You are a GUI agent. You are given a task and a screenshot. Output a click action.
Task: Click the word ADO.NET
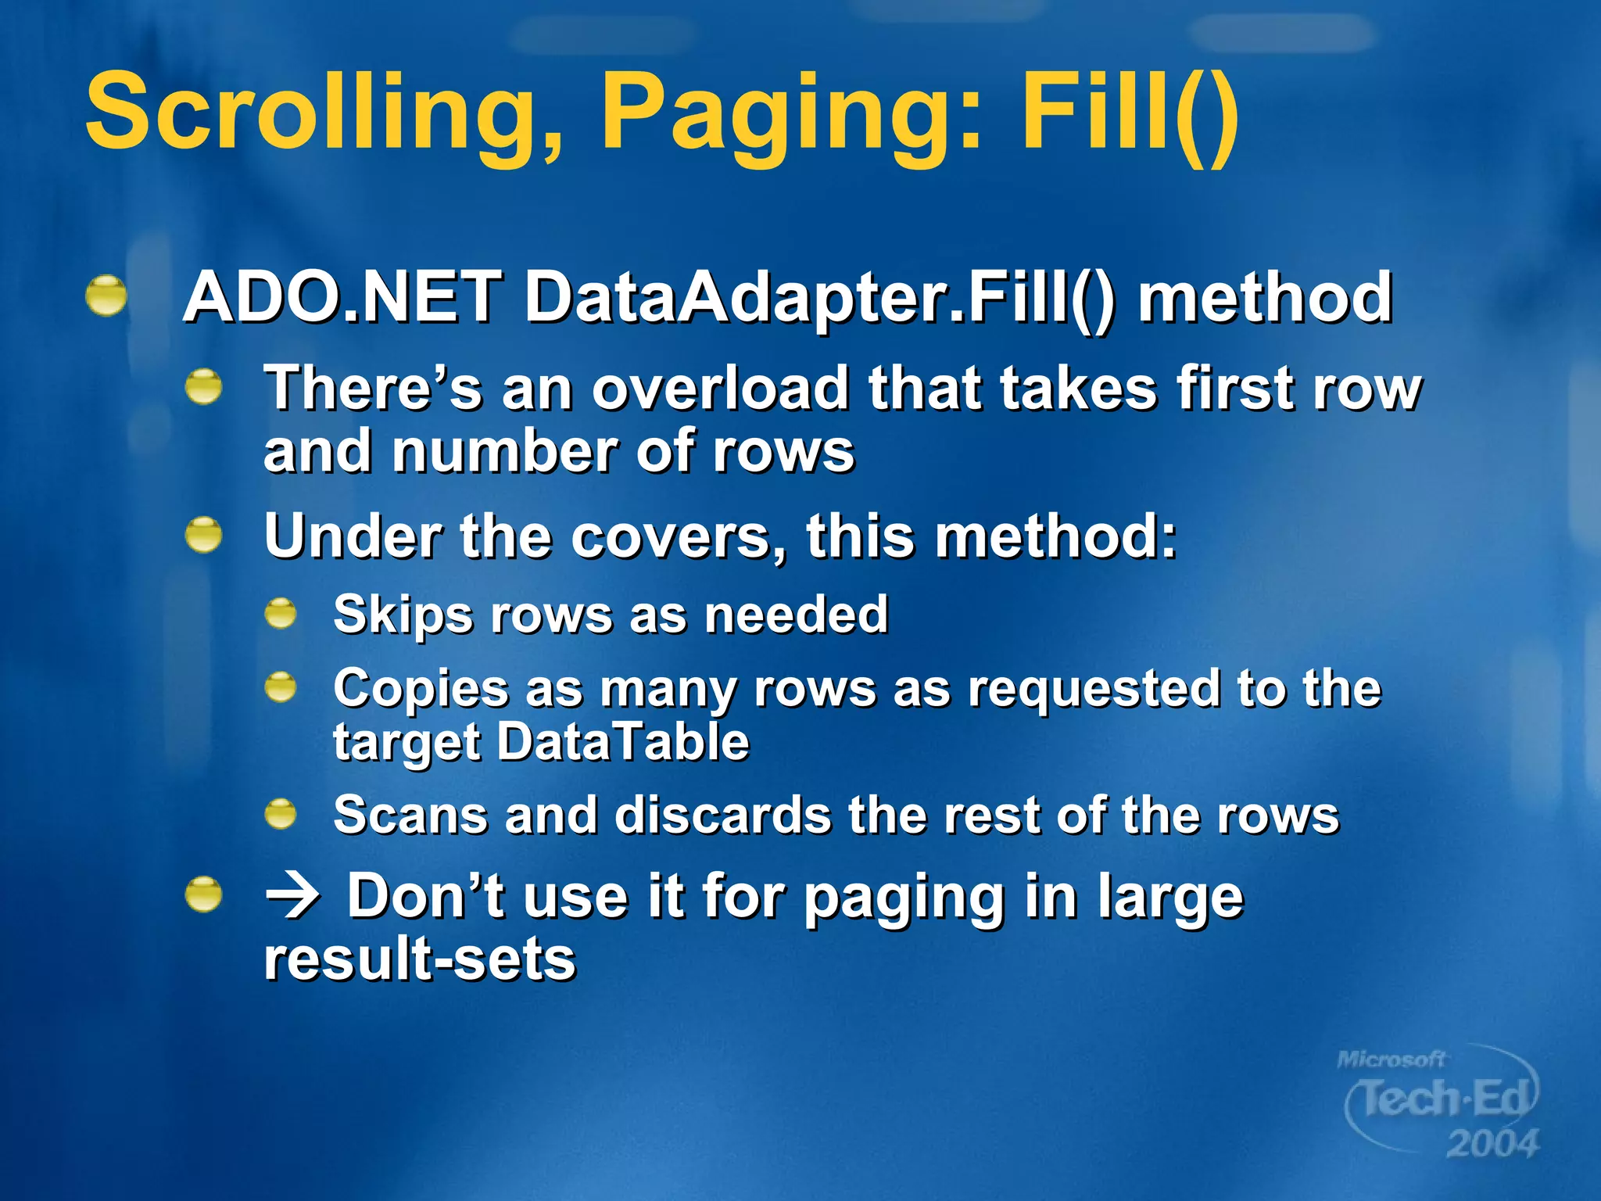click(342, 298)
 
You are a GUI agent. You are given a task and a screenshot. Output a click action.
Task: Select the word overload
click(720, 388)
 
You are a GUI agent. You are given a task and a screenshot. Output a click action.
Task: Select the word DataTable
click(623, 742)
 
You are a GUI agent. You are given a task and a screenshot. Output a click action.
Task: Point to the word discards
click(722, 816)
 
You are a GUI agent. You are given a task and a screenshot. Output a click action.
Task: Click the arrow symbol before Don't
click(292, 897)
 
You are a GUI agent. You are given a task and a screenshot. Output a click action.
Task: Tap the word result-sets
click(420, 959)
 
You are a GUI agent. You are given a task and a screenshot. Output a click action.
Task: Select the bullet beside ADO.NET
click(106, 296)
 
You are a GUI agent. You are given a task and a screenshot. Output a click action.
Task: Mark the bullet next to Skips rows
click(281, 614)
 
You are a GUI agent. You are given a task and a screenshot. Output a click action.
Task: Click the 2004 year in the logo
click(1492, 1144)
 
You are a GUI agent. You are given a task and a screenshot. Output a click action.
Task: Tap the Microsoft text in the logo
click(1391, 1060)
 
